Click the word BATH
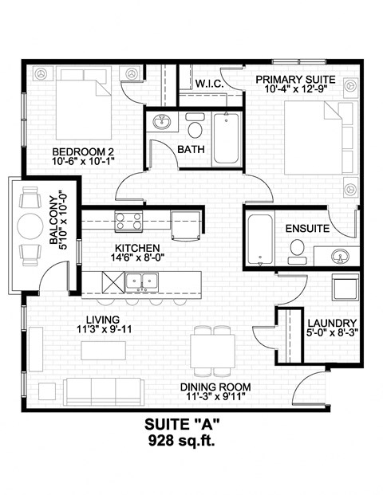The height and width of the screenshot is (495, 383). (191, 149)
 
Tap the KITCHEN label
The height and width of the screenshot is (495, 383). (137, 247)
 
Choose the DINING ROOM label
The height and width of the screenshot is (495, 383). (215, 387)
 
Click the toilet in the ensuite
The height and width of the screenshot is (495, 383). (295, 251)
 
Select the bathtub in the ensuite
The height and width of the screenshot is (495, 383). (259, 238)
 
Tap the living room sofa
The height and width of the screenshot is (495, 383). (99, 390)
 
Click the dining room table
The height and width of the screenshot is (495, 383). (212, 348)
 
